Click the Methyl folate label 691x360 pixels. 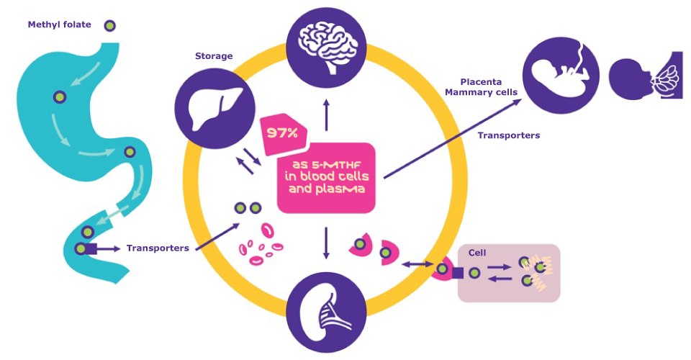coord(59,24)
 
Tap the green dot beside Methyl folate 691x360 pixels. coord(109,25)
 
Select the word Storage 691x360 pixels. coord(214,55)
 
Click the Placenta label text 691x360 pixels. coord(482,81)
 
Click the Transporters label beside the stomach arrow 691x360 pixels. coord(158,248)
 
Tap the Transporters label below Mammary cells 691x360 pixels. coord(509,135)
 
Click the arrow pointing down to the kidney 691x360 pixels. coord(326,243)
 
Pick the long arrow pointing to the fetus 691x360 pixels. coord(453,139)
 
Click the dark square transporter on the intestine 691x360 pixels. coord(91,249)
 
